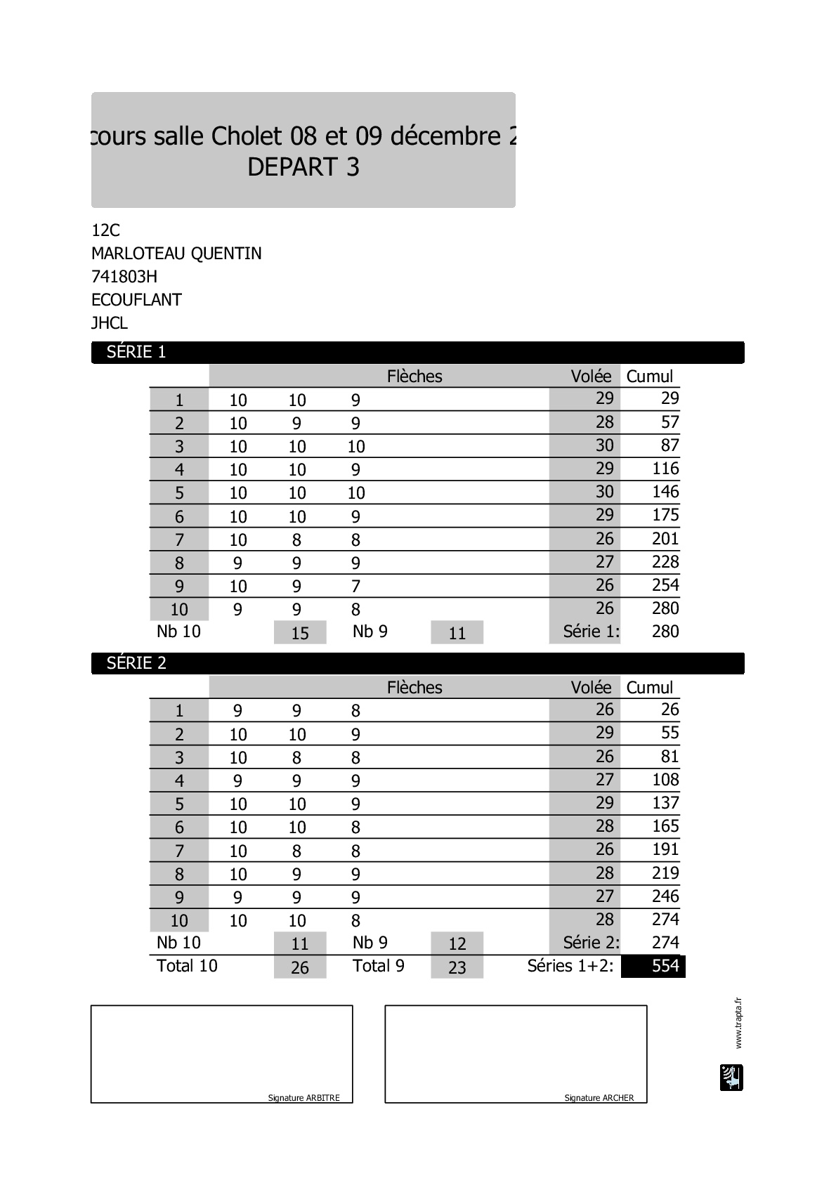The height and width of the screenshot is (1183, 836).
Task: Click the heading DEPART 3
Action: [x=303, y=167]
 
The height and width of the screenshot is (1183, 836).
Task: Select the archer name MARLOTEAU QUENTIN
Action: [x=176, y=254]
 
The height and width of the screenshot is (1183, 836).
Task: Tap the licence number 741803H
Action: [x=124, y=277]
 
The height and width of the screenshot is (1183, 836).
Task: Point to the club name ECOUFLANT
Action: [x=136, y=300]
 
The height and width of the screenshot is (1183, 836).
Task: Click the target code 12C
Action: [x=106, y=230]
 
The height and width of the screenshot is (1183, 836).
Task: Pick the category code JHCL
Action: [x=110, y=323]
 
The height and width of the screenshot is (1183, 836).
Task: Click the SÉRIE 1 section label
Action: [x=136, y=353]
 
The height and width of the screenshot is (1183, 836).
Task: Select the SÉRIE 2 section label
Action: [x=136, y=664]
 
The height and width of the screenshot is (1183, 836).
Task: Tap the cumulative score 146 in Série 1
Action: [x=665, y=492]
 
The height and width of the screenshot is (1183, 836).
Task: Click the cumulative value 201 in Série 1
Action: [x=665, y=539]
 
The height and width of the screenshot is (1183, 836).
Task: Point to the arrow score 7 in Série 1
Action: [x=355, y=587]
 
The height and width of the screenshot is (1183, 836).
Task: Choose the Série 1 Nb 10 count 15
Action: [x=300, y=633]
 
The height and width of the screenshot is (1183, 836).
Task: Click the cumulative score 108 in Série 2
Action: [x=665, y=780]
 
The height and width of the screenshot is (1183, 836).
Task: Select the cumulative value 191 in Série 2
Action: [x=665, y=849]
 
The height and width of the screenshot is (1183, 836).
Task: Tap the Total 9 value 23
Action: [x=457, y=968]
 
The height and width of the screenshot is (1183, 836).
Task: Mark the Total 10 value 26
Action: [x=300, y=968]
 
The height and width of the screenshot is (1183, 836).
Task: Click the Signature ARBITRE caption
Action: [x=303, y=1098]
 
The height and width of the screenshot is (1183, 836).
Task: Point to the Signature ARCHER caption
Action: [x=599, y=1098]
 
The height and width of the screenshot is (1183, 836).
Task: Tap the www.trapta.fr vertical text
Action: [x=738, y=1023]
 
